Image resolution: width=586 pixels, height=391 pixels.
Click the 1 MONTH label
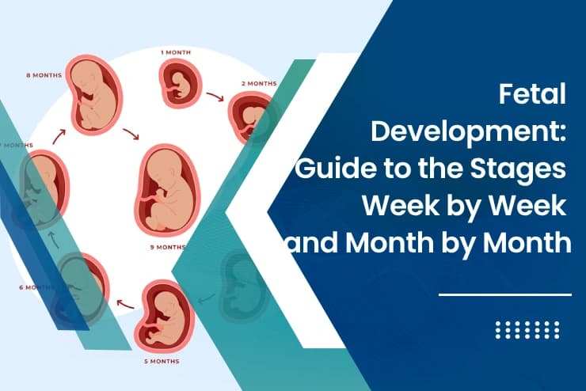175,52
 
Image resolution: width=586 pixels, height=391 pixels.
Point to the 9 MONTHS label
169,247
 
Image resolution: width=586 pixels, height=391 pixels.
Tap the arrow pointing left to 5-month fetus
125,302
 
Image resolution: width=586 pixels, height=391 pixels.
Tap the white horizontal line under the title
504,295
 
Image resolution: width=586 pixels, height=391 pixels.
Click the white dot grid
527,330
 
